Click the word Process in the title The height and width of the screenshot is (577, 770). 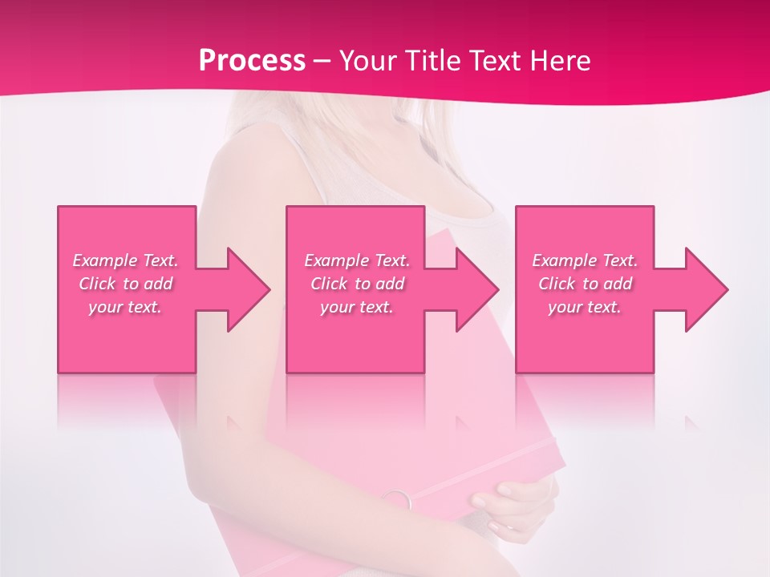point(252,60)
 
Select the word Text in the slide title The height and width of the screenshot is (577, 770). point(495,60)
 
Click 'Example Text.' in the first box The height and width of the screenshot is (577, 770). point(126,260)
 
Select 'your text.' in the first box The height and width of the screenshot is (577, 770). point(126,307)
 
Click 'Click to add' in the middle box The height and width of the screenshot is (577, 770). point(357,284)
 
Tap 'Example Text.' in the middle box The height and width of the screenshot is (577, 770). point(357,260)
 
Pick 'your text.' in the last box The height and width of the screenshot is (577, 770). point(585,307)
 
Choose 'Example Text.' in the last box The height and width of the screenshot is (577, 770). point(585,260)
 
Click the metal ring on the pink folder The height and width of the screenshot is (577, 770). point(398,500)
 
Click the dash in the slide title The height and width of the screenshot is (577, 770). point(322,61)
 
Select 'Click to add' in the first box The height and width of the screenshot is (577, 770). point(126,284)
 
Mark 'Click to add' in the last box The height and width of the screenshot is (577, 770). point(585,284)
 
